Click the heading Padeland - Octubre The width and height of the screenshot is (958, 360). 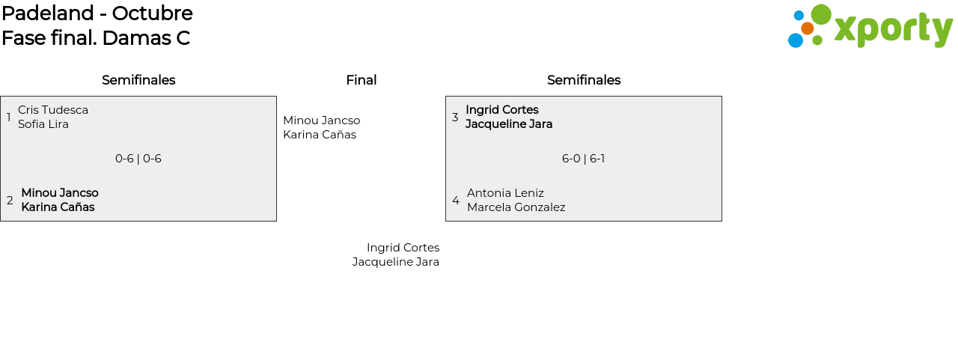tap(97, 13)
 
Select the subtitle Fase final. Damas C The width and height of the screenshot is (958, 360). tap(96, 38)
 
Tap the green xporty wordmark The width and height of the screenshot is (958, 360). tap(894, 29)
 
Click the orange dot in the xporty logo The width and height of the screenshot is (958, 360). tap(808, 28)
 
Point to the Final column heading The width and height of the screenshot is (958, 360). tap(361, 80)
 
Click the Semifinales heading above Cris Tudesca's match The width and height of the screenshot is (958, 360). tap(138, 80)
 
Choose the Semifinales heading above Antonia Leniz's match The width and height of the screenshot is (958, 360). tap(584, 80)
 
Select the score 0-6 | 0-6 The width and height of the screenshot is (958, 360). tap(138, 159)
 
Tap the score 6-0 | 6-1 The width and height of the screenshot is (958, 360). tap(583, 159)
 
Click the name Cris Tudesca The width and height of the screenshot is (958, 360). tap(53, 110)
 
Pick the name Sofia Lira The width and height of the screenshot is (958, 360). tap(43, 124)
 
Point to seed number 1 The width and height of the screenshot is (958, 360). tap(8, 117)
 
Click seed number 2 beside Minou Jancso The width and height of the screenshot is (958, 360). tap(10, 200)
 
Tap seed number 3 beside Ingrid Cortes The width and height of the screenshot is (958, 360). tap(455, 118)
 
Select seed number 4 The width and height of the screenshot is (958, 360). tap(456, 200)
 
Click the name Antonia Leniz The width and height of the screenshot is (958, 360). tap(505, 193)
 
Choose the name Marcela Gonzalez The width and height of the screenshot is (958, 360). tap(516, 207)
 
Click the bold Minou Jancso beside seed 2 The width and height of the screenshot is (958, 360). tap(60, 193)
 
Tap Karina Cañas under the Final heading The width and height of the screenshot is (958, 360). tap(320, 135)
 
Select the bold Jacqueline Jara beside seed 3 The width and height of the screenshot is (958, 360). tap(509, 124)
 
